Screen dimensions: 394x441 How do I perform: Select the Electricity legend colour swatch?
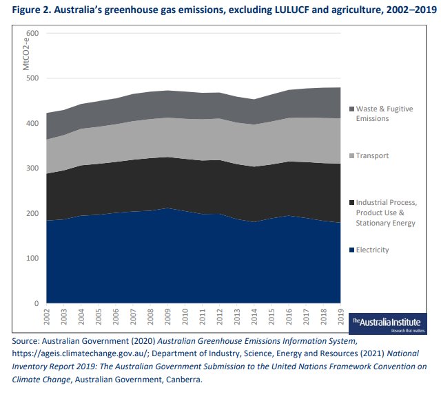tap(353, 250)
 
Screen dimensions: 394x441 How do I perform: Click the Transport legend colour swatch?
tap(353, 156)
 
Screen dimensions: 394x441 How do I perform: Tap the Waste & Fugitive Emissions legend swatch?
tap(353, 109)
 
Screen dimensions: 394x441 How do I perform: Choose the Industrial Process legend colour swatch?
tap(353, 203)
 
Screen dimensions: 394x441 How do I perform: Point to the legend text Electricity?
tap(376, 250)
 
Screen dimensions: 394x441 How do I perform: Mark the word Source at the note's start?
tap(25, 340)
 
